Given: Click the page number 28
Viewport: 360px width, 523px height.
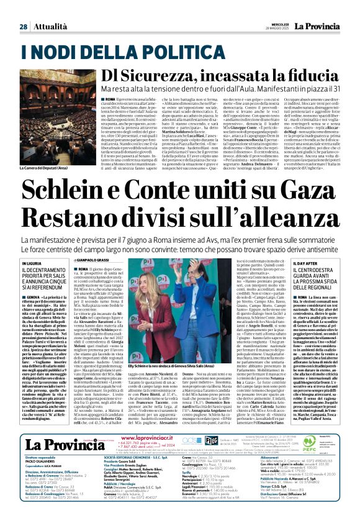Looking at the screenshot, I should (23, 10).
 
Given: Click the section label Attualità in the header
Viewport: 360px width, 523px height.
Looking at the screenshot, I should (49, 10).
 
